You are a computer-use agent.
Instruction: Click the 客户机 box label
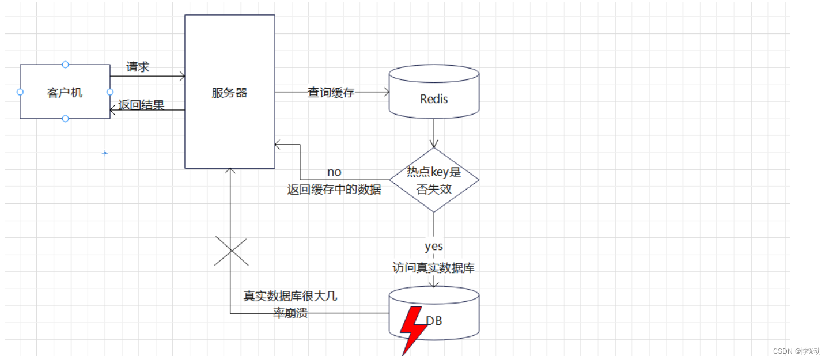[65, 93]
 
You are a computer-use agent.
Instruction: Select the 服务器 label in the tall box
[229, 93]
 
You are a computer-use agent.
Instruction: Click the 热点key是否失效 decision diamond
[434, 180]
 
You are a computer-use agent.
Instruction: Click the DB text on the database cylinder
[435, 321]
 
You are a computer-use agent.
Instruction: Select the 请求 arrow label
[138, 67]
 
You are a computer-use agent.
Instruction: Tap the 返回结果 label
[141, 105]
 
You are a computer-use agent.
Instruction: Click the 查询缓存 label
[331, 92]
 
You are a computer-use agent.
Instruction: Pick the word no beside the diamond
[334, 172]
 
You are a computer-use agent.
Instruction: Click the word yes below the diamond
[434, 247]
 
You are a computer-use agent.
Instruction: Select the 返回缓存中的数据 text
[334, 190]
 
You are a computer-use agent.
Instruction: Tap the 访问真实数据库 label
[434, 268]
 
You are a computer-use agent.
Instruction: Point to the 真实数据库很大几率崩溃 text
[290, 305]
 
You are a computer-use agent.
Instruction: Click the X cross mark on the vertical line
[231, 251]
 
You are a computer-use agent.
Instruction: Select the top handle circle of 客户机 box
[65, 65]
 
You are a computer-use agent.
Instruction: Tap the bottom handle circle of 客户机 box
[65, 119]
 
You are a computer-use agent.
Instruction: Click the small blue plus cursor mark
[105, 153]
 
